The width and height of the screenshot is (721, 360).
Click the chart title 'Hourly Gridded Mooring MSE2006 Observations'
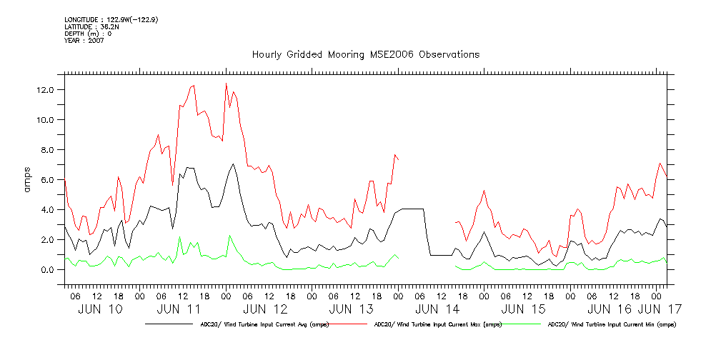pos(365,55)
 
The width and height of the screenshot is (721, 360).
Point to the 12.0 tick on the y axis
pos(48,90)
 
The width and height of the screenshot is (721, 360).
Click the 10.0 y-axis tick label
pos(48,120)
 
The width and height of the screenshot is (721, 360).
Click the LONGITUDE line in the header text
pos(111,19)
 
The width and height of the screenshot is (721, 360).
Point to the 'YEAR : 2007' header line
pos(84,41)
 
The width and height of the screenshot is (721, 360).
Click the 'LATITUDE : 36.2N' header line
pos(91,26)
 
